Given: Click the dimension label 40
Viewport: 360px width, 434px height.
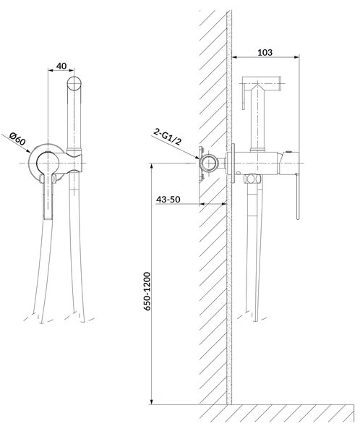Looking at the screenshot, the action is point(61,66).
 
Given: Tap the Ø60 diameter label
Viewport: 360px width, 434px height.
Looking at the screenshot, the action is point(17,139).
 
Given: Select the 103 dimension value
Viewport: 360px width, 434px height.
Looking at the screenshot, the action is point(265,52).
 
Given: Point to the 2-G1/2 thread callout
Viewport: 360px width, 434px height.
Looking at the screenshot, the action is point(168,137).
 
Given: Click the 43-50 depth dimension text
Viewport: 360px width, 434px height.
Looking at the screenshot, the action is point(168,200).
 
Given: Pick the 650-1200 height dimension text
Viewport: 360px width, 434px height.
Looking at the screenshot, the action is point(147,292).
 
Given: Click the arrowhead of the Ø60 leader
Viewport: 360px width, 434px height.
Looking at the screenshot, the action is point(28,151).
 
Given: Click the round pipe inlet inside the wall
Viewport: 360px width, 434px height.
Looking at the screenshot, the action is point(208,163).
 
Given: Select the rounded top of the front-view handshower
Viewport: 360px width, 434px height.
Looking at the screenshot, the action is point(74,83).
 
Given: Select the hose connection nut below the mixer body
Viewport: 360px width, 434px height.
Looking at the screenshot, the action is point(252,179).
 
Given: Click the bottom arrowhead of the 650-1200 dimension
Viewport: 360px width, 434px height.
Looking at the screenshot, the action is point(151,401).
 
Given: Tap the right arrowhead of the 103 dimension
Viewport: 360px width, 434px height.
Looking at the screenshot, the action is point(296,57).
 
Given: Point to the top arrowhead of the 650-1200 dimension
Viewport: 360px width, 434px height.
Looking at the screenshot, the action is point(151,166).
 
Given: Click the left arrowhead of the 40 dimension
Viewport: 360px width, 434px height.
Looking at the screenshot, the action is point(51,70).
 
